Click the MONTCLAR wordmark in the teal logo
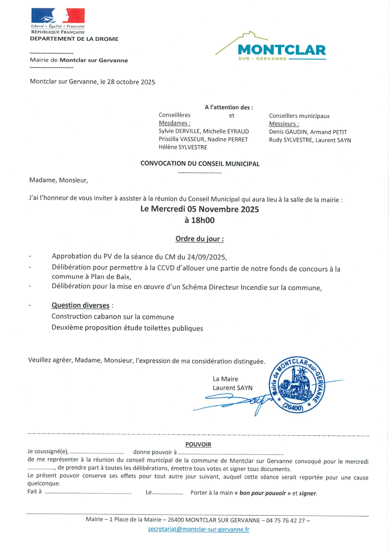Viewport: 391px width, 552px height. (x=282, y=50)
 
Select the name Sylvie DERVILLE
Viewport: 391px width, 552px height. (x=179, y=131)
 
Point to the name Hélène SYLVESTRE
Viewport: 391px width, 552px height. (x=183, y=147)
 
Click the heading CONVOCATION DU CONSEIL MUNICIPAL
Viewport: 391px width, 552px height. (x=200, y=164)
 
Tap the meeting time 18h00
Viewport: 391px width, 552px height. (x=203, y=220)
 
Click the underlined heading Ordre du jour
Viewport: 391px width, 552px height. (x=199, y=239)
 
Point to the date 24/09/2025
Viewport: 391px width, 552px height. (x=206, y=257)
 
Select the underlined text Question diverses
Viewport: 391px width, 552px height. (x=80, y=305)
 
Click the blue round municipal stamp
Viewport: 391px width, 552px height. (x=296, y=385)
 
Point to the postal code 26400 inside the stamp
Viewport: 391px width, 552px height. (x=293, y=407)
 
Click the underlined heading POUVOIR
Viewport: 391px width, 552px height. (x=198, y=444)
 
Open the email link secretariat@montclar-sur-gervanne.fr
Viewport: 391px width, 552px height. (x=198, y=529)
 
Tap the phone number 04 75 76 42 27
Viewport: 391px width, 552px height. (x=285, y=520)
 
